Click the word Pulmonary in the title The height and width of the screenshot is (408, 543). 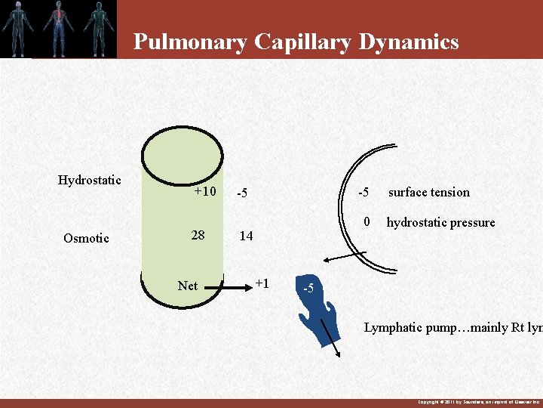click(189, 42)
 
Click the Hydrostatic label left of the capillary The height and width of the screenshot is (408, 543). click(89, 180)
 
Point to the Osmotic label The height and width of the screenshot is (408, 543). click(86, 238)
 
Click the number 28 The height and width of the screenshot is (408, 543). click(198, 235)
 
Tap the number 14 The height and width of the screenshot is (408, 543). click(246, 236)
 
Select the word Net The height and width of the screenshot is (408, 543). click(187, 286)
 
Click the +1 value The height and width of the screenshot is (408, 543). click(262, 283)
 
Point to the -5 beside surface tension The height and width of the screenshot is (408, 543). click(363, 192)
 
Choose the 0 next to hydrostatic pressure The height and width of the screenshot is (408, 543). click(367, 222)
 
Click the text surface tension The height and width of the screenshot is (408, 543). click(428, 193)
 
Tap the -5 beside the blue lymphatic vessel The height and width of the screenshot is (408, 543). click(308, 289)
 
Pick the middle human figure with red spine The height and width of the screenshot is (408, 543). click(57, 27)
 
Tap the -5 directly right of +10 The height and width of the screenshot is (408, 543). click(242, 193)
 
